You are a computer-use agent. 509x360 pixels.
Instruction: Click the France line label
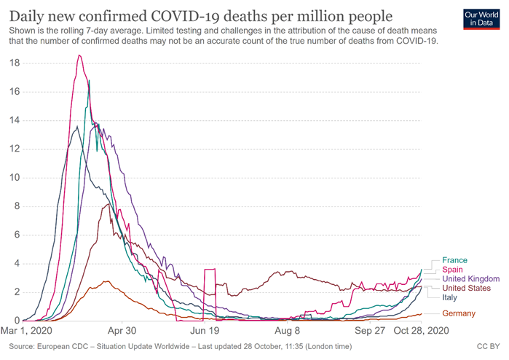click(x=454, y=260)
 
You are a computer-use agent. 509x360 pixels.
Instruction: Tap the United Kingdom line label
click(x=470, y=279)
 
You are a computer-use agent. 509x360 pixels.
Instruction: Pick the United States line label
click(x=467, y=289)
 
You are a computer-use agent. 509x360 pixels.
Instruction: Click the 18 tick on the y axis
click(x=14, y=63)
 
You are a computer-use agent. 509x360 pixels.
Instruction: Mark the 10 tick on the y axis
click(x=14, y=178)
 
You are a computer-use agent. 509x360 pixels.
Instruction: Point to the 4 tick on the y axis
click(x=16, y=264)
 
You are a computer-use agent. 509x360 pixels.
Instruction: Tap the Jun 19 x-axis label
click(x=204, y=330)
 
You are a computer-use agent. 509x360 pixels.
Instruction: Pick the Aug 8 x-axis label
click(x=288, y=330)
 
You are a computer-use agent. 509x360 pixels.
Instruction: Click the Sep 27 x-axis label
click(x=370, y=330)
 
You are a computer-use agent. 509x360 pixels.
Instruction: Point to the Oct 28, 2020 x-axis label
click(x=417, y=330)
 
